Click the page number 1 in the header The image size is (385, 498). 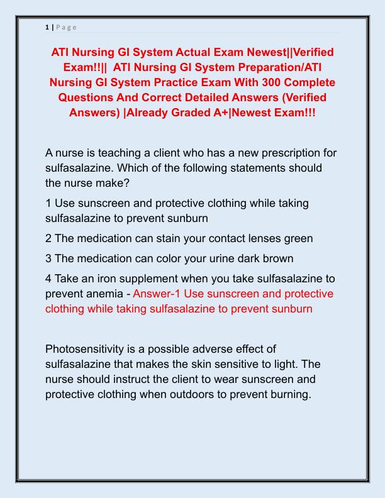[47, 27]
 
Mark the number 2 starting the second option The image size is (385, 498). [49, 238]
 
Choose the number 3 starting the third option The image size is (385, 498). [49, 258]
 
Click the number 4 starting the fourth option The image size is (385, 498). [49, 279]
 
